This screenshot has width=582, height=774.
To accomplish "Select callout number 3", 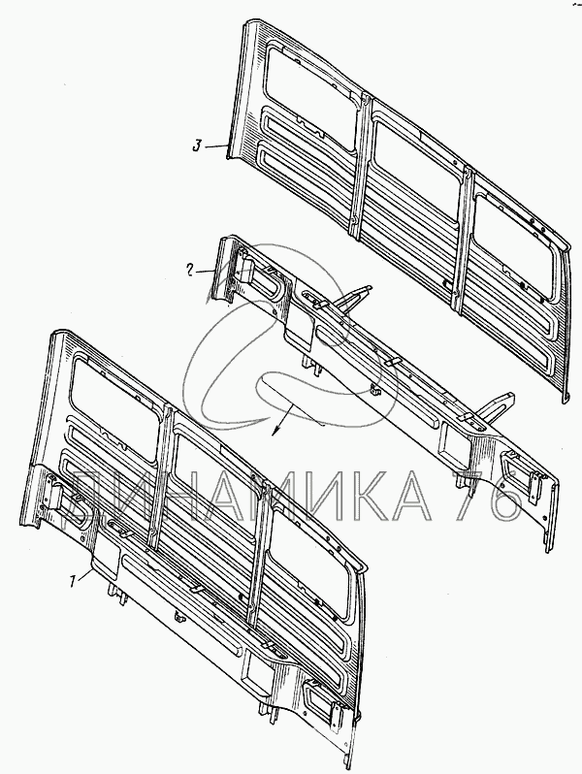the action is pyautogui.click(x=197, y=146).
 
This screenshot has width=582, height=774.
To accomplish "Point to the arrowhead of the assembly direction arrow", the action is pyautogui.click(x=275, y=431).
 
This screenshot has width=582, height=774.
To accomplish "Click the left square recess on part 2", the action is pyautogui.click(x=299, y=326).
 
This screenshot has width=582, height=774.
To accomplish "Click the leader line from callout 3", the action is pyautogui.click(x=215, y=146).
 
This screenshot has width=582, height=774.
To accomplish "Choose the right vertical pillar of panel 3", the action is pyautogui.click(x=462, y=242).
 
